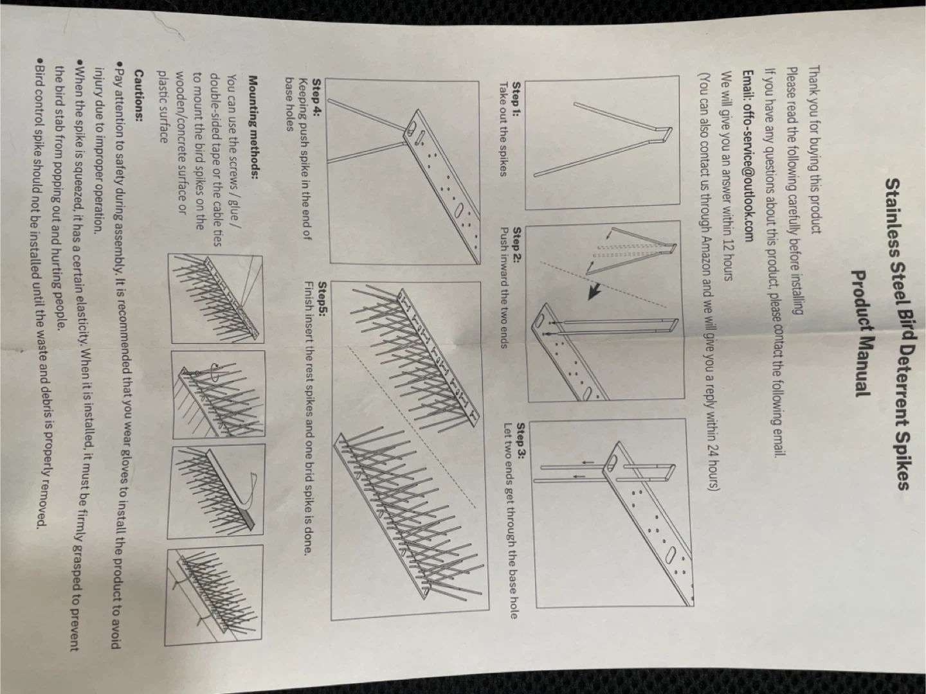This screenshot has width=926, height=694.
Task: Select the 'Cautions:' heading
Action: tap(138, 95)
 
